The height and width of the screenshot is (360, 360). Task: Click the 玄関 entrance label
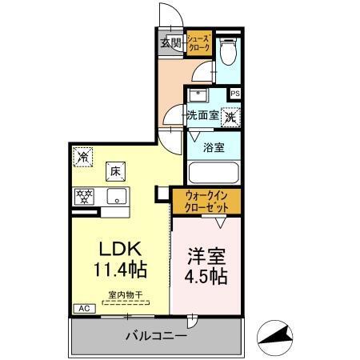pyautogui.click(x=170, y=43)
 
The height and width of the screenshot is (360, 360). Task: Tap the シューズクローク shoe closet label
pyautogui.click(x=199, y=43)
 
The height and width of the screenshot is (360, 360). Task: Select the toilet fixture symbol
pyautogui.click(x=229, y=53)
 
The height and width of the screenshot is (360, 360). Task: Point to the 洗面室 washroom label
pyautogui.click(x=202, y=115)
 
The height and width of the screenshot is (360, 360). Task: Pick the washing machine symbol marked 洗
pyautogui.click(x=230, y=116)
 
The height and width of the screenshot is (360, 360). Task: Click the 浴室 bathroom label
pyautogui.click(x=213, y=147)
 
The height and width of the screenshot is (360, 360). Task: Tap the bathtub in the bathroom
pyautogui.click(x=213, y=173)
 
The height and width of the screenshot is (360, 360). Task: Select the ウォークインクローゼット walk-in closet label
pyautogui.click(x=206, y=198)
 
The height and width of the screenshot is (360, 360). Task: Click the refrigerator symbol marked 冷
pyautogui.click(x=82, y=157)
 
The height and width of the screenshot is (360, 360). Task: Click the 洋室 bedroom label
pyautogui.click(x=206, y=258)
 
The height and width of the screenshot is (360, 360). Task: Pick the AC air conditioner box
pyautogui.click(x=82, y=308)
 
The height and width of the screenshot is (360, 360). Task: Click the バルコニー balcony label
pyautogui.click(x=156, y=337)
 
